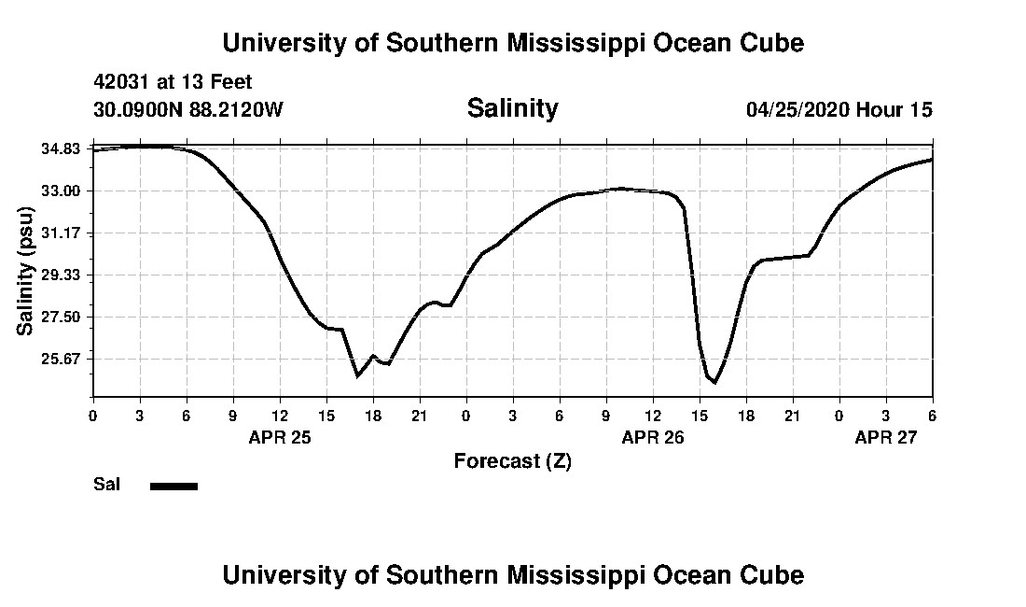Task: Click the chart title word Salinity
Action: coord(512,108)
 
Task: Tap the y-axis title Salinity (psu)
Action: coord(26,271)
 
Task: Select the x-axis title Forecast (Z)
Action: coord(512,460)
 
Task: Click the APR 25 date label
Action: coord(280,437)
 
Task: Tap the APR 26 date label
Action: coord(653,437)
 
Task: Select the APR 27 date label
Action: coord(886,437)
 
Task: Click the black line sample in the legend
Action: coord(173,486)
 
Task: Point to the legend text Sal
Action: coord(106,485)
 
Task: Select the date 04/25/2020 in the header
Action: coord(797,109)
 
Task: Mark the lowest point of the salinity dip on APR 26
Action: coord(714,382)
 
